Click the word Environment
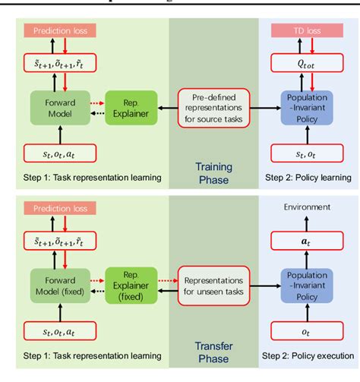pyautogui.click(x=308, y=207)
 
